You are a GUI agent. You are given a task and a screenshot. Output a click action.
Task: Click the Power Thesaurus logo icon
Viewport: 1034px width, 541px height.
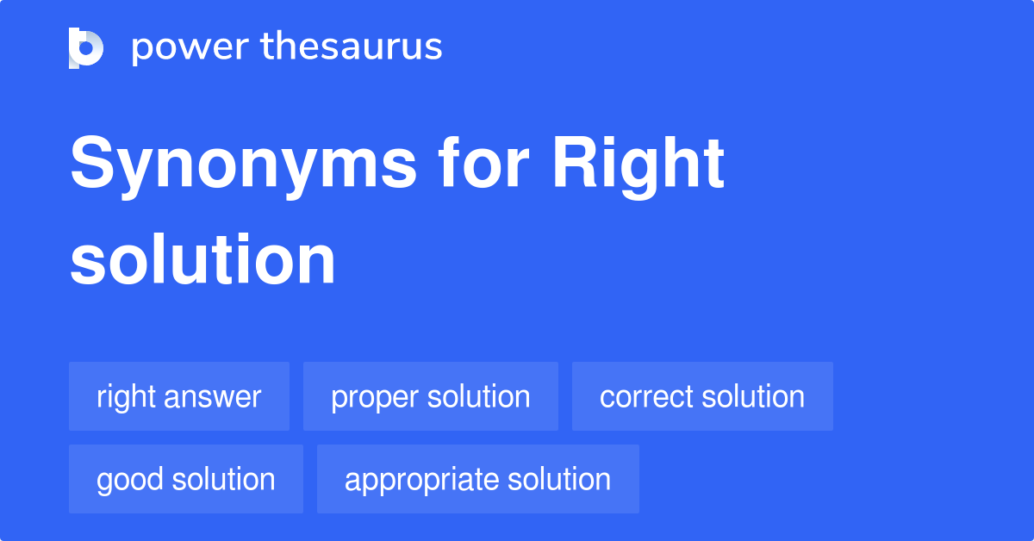[x=86, y=47]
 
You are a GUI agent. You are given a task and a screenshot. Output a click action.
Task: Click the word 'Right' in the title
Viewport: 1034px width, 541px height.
[x=638, y=165]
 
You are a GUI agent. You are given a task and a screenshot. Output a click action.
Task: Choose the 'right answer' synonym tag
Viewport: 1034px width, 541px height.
[x=179, y=396]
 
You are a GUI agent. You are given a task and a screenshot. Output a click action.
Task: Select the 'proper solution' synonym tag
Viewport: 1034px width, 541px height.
[x=431, y=396]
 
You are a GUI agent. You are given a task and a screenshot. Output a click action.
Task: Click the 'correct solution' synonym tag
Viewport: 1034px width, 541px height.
[x=702, y=396]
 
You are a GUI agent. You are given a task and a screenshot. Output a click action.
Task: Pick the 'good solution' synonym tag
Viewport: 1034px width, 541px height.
[x=186, y=479]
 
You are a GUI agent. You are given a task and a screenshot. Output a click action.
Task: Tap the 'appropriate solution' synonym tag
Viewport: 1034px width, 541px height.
[x=478, y=479]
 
